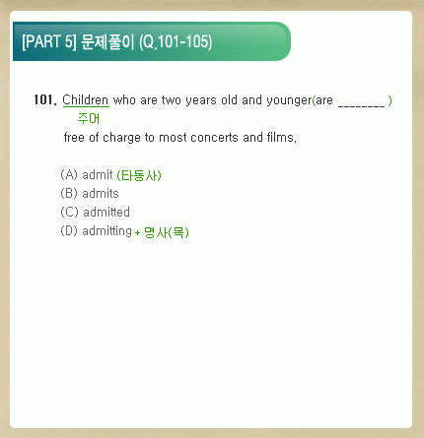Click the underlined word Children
click(x=86, y=100)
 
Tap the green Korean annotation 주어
click(x=89, y=118)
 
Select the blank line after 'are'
click(x=361, y=105)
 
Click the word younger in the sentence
click(x=289, y=100)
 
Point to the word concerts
click(x=214, y=138)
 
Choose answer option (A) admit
click(x=87, y=175)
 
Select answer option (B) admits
click(x=90, y=194)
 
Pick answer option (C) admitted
click(x=95, y=213)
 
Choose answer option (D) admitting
click(x=96, y=231)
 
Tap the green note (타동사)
click(x=139, y=175)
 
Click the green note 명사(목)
click(x=167, y=232)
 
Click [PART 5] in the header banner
click(x=49, y=41)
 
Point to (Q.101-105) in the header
click(x=176, y=42)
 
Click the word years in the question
click(x=201, y=100)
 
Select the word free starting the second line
click(x=74, y=137)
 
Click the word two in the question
click(x=172, y=100)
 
